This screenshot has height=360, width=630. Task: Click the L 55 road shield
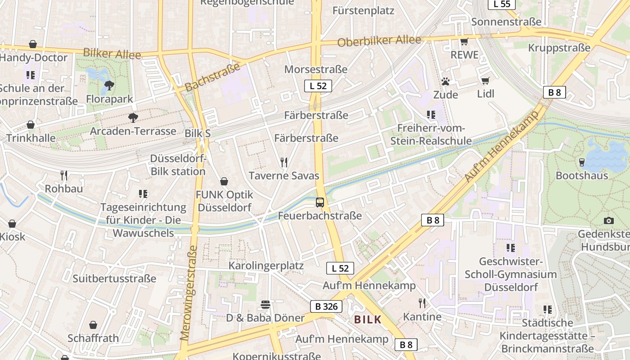pos(502,4)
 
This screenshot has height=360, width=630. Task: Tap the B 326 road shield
pos(326,307)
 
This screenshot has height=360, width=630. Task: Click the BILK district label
pos(368,319)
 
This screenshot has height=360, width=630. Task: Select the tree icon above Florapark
pos(109,85)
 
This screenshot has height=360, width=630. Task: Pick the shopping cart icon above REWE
pos(464,42)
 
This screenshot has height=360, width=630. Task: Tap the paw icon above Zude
pos(445,81)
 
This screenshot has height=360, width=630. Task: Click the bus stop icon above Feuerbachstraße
pos(320,202)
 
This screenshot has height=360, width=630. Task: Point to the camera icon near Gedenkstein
pos(608,220)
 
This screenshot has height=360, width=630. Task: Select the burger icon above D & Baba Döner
pos(265,305)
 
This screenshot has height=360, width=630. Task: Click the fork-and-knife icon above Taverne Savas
pos(284,162)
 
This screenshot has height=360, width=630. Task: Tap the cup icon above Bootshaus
pos(581,162)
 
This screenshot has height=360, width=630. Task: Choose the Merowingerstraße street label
pos(189,292)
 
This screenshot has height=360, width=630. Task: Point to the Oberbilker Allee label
pos(379,41)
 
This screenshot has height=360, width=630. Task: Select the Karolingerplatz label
pos(266,265)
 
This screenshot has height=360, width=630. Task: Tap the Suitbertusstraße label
pos(114,279)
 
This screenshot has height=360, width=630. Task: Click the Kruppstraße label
pos(559,48)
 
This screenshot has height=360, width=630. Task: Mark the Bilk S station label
pos(198,134)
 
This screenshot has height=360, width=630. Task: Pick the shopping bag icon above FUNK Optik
pos(224,181)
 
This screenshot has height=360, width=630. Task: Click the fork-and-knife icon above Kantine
pos(422,303)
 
